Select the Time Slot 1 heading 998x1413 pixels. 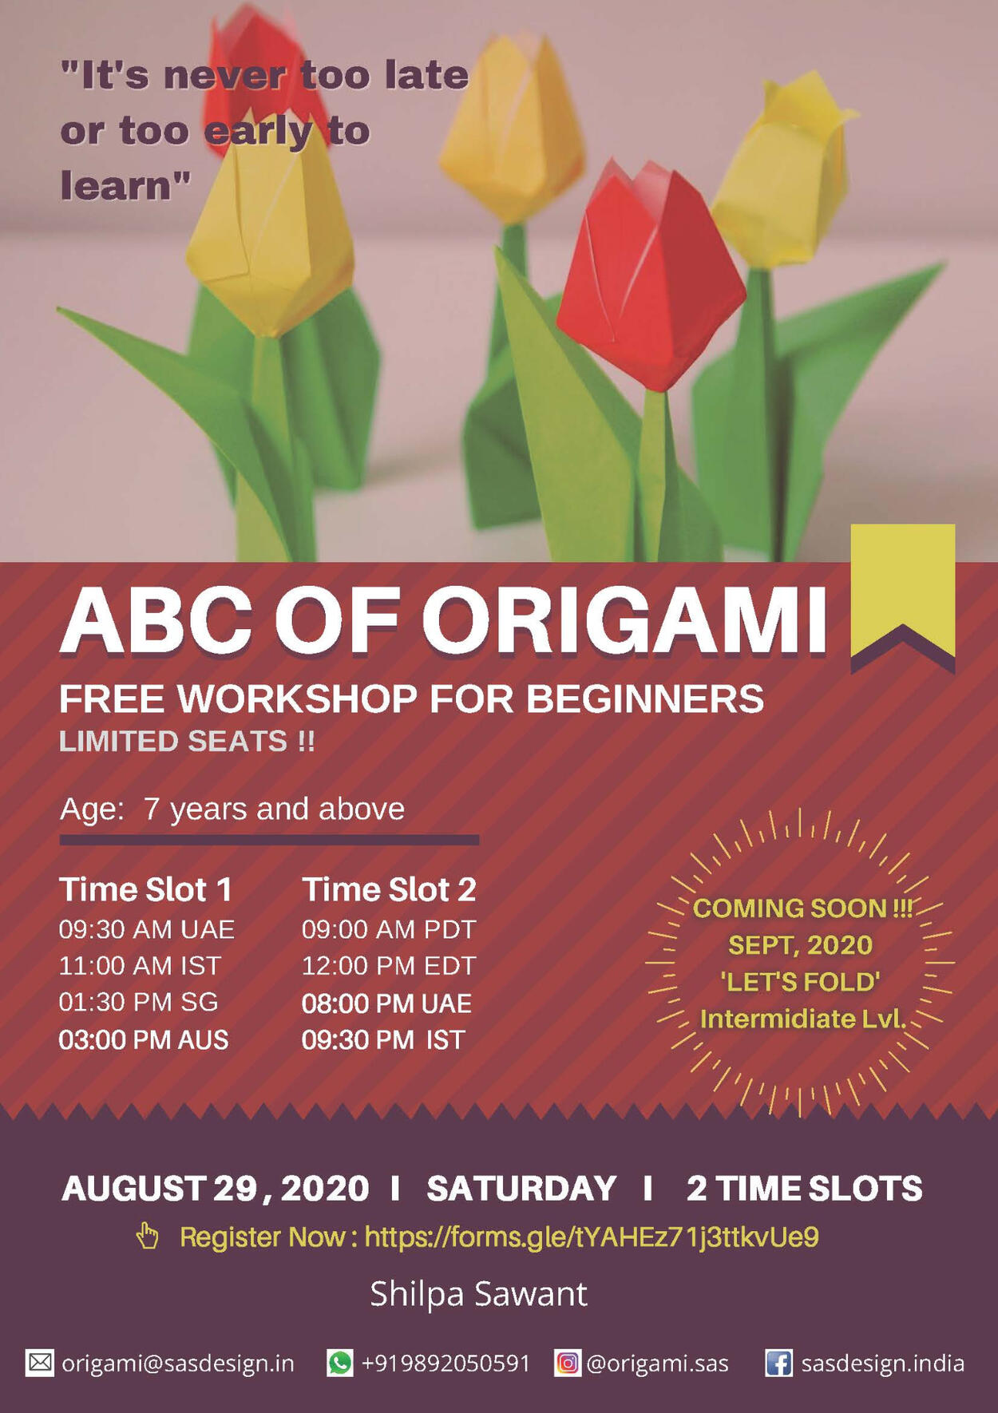pos(145,889)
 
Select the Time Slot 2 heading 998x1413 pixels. pos(389,889)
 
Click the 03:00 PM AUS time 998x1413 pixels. pos(144,1040)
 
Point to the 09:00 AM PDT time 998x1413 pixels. pos(388,930)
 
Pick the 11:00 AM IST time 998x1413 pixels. pos(140,966)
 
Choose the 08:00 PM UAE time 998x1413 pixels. pos(386,1003)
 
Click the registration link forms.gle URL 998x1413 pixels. pos(592,1237)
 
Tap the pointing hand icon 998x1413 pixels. pos(147,1236)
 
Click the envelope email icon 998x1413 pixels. pos(40,1363)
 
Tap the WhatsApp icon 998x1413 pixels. pos(339,1363)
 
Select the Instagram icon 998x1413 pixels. pos(567,1363)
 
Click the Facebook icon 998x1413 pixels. pos(778,1363)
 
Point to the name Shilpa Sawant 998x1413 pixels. pos(478,1294)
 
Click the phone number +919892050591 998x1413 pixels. pos(446,1363)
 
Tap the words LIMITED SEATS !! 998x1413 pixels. pos(187,742)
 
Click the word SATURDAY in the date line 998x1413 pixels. pos(521,1189)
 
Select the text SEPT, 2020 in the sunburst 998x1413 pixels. pos(800,945)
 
